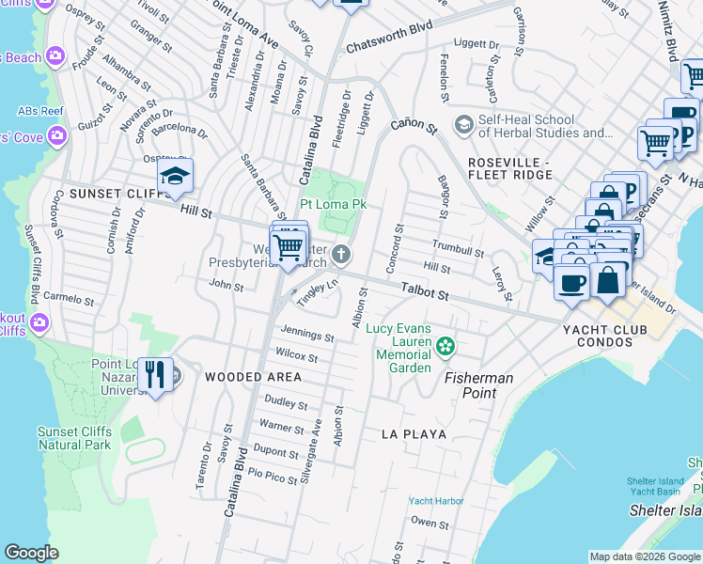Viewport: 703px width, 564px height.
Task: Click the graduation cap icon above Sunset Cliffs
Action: tap(175, 177)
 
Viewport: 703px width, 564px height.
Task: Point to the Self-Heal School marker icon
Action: tap(463, 124)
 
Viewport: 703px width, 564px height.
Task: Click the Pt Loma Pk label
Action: tap(333, 204)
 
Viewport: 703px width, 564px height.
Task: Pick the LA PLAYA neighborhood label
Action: tap(414, 434)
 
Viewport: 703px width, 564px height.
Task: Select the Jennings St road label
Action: tap(307, 335)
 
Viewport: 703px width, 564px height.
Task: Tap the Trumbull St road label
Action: tap(458, 248)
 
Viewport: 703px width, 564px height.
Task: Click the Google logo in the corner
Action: tap(31, 553)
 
